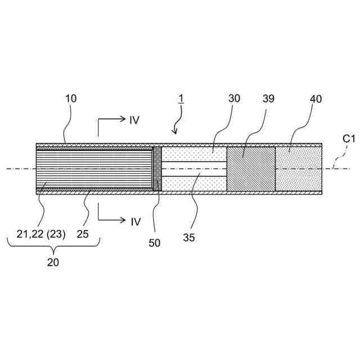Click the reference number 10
70,98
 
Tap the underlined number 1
181,98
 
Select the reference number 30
234,98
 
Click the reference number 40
317,98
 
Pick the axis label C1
349,138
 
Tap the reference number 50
154,243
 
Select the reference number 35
188,237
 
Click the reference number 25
83,234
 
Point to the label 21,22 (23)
41,234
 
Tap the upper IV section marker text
134,120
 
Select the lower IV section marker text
134,222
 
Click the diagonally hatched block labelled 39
251,169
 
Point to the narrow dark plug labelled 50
157,169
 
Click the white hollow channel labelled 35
194,169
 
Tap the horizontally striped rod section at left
93,169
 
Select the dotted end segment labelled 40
298,169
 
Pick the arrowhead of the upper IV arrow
121,119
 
